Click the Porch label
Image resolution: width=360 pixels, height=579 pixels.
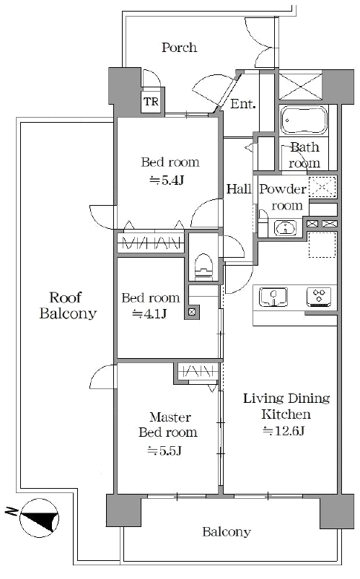(179, 47)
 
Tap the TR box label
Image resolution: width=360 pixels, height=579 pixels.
(152, 102)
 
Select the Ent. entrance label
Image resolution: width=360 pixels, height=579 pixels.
(242, 104)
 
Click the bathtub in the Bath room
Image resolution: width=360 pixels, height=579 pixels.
(304, 120)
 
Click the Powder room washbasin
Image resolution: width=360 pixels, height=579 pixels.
(285, 227)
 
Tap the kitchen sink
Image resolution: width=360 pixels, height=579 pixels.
(273, 297)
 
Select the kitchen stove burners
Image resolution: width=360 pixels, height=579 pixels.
(320, 297)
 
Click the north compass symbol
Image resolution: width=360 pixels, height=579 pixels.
(39, 516)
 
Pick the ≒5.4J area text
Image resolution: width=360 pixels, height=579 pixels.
(167, 180)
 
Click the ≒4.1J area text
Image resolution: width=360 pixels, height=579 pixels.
(149, 314)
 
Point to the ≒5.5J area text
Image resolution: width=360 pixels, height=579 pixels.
(164, 451)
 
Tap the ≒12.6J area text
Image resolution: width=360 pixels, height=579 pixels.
(284, 430)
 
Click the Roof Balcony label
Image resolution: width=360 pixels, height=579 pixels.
(68, 305)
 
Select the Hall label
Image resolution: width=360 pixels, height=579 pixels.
(239, 189)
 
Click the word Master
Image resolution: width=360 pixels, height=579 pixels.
(170, 417)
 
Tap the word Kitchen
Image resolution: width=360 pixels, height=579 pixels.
(286, 414)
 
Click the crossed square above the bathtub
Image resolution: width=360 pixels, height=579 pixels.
(301, 87)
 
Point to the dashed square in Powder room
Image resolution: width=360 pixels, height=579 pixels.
(322, 187)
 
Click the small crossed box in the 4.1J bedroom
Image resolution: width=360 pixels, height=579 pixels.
(192, 312)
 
